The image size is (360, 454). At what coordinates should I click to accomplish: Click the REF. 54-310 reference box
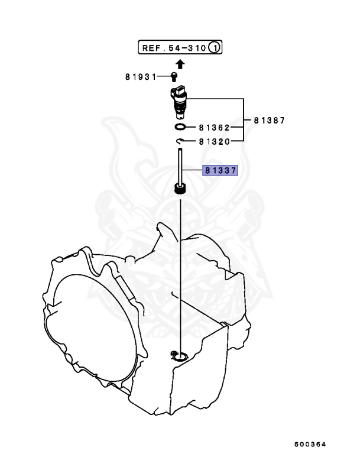point(180,47)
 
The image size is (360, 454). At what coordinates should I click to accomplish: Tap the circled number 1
point(216,47)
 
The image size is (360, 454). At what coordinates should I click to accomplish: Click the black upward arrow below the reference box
point(180,64)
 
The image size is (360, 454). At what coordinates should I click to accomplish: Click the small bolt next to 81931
point(174,76)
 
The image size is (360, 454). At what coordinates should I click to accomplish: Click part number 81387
point(270,121)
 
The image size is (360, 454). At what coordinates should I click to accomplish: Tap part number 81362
point(213,127)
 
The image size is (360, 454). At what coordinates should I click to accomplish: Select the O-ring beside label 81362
point(180,127)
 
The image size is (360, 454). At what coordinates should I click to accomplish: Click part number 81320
point(213,141)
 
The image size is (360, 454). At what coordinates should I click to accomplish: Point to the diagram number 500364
point(311,443)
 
